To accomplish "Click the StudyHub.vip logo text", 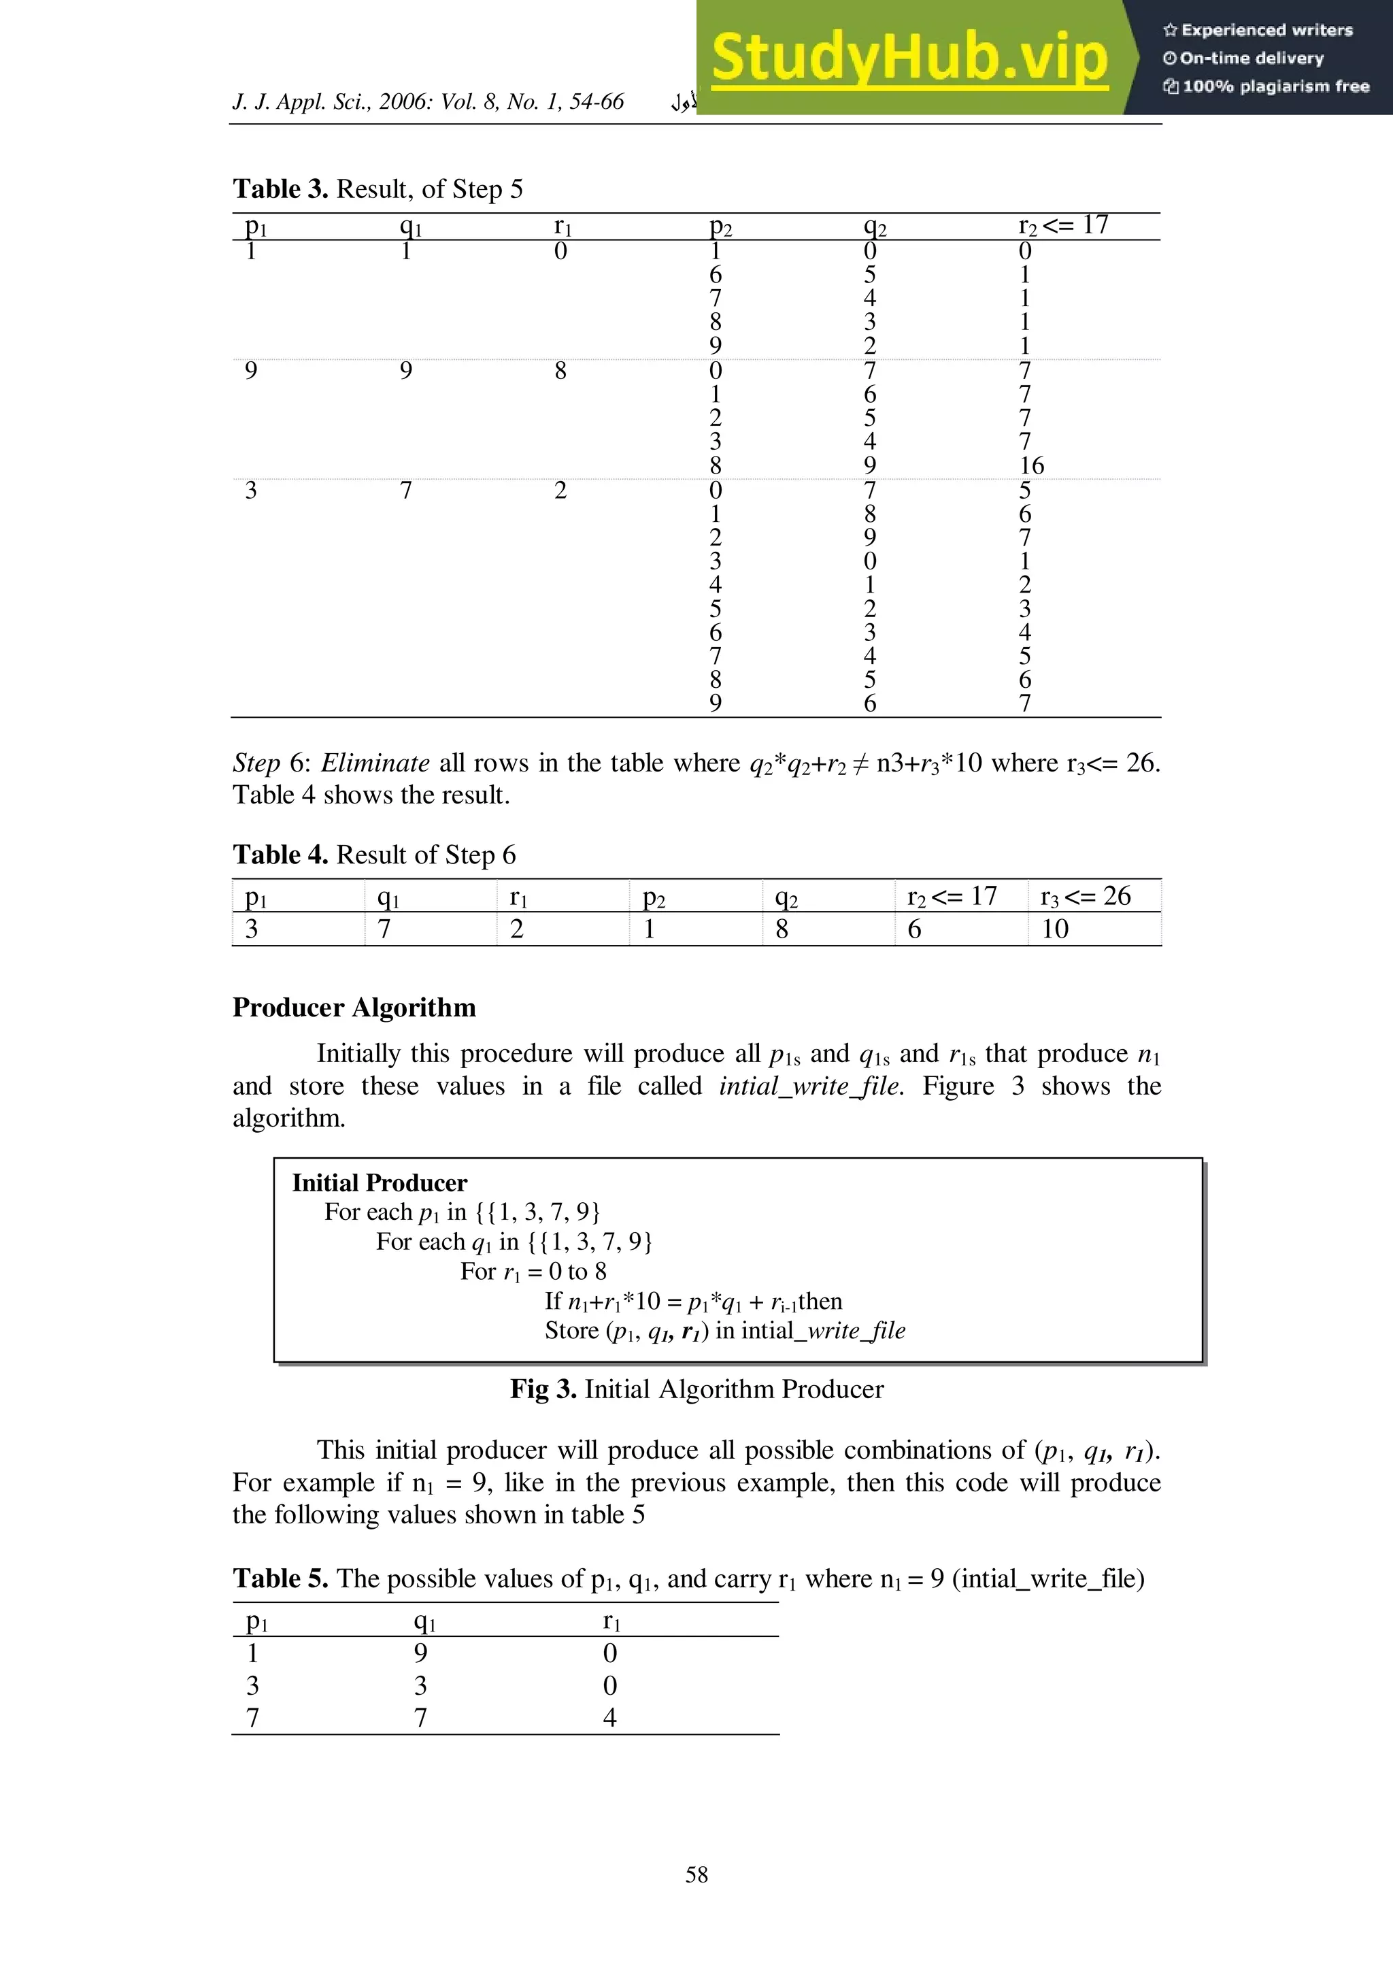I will tap(910, 58).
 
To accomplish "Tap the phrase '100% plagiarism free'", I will tap(1275, 86).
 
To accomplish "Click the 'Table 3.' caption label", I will tap(280, 189).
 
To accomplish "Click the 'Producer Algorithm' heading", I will tap(354, 1007).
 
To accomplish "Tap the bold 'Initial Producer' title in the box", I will tap(380, 1183).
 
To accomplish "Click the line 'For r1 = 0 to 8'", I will tap(533, 1272).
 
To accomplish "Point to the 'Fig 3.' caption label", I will tap(542, 1389).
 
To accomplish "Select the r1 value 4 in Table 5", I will tap(609, 1718).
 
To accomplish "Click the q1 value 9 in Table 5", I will tap(420, 1653).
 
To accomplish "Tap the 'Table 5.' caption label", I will tap(280, 1578).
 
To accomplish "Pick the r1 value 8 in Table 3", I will tap(560, 371).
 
